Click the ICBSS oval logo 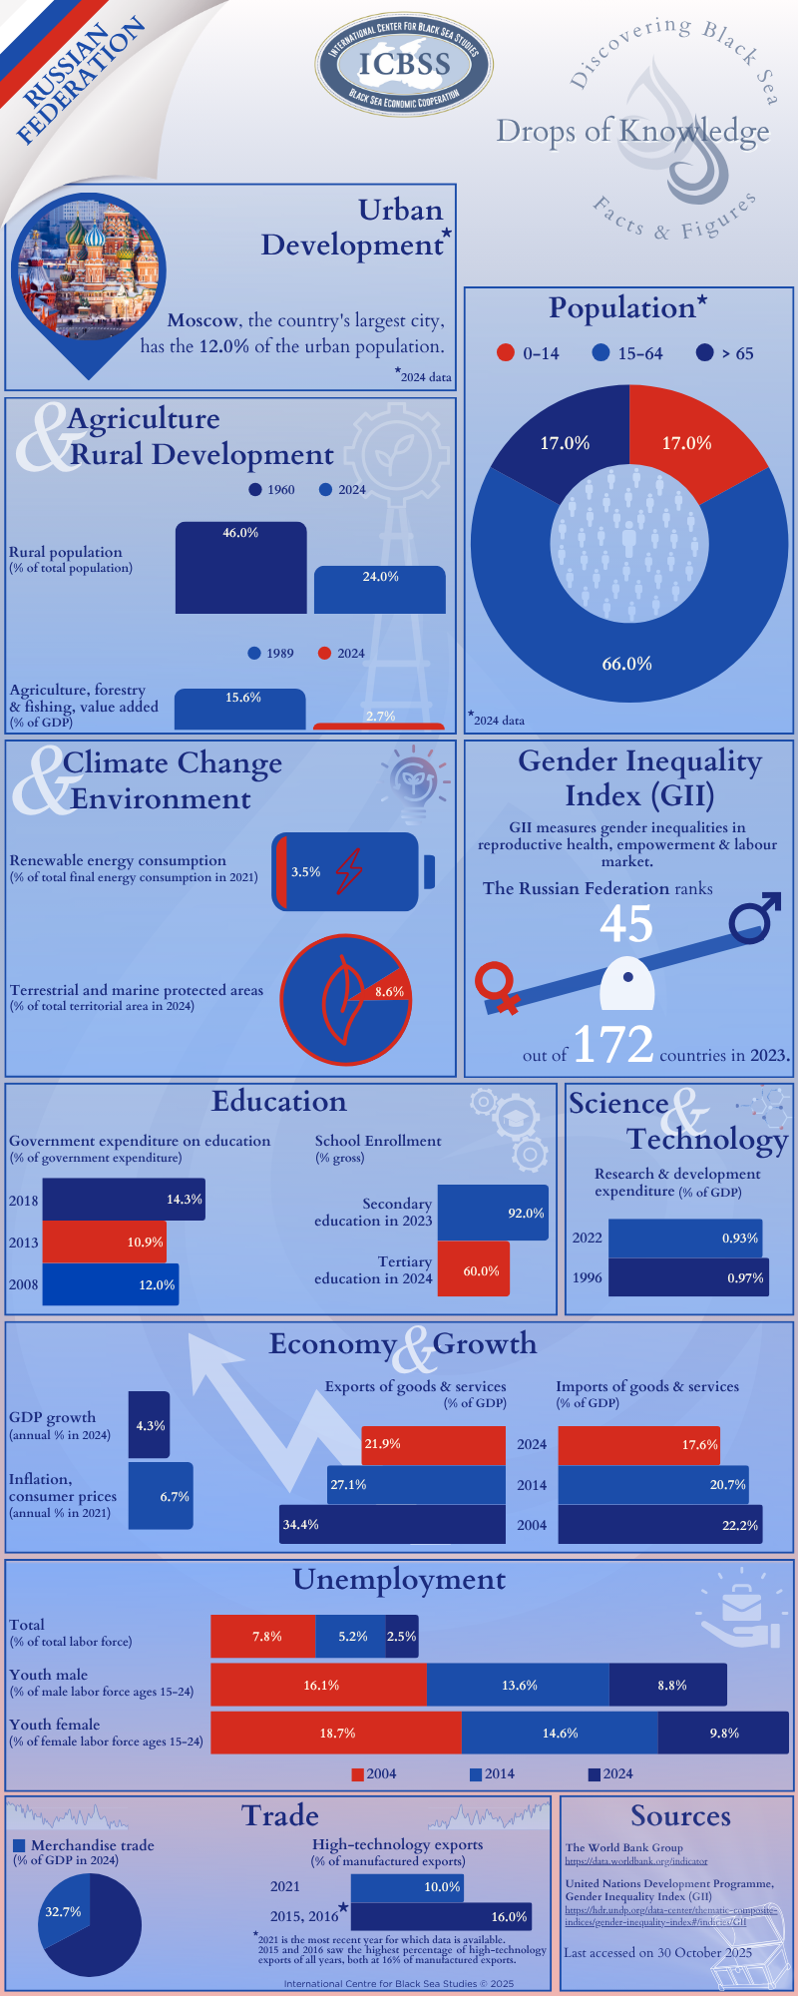[404, 65]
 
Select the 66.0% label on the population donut [626, 664]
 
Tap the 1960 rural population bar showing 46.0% [240, 569]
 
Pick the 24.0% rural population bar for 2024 [379, 590]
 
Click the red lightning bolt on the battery [349, 871]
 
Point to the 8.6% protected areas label [389, 992]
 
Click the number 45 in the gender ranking [626, 924]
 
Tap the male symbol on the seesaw [754, 918]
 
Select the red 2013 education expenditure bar [104, 1243]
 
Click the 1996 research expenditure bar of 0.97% [687, 1277]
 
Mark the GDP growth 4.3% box [150, 1425]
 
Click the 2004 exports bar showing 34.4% [392, 1525]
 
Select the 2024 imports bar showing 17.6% [638, 1444]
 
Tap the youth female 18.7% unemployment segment [336, 1734]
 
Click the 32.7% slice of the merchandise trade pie [62, 1912]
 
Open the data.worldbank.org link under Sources [636, 1861]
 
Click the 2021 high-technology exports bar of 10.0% [407, 1887]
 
